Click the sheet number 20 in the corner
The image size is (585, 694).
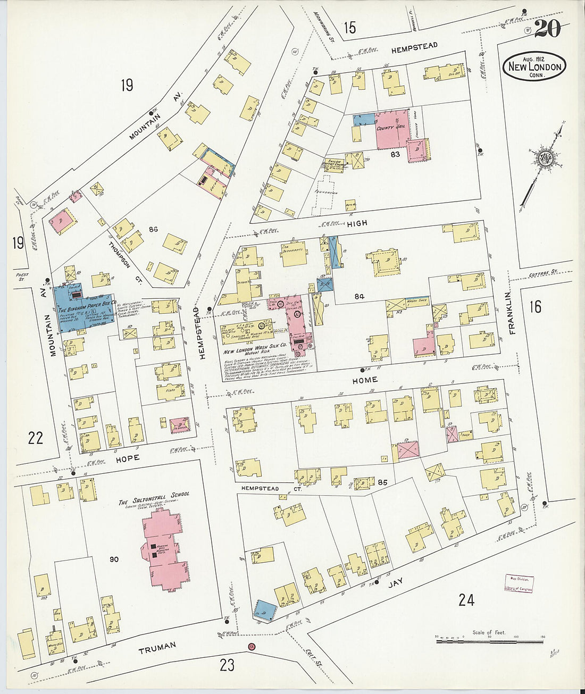pos(548,28)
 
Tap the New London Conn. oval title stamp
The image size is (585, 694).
pos(534,66)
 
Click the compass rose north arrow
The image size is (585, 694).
pos(545,158)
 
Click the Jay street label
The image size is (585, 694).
pos(394,584)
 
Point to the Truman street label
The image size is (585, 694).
pos(157,647)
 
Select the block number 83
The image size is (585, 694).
pos(394,155)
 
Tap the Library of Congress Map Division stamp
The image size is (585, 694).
pos(517,583)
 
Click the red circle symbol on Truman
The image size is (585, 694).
pos(252,646)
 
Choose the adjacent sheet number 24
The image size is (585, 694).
pos(466,600)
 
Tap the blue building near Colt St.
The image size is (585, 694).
pos(264,610)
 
